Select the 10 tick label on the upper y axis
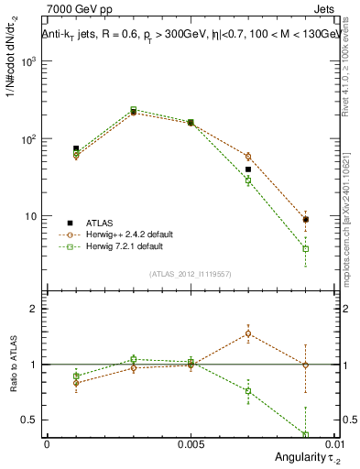(x=30, y=217)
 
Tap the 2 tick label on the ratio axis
(x=34, y=309)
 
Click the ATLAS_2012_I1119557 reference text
(x=190, y=274)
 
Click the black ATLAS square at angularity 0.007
(x=248, y=169)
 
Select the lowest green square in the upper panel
(x=306, y=248)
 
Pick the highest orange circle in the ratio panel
(x=248, y=333)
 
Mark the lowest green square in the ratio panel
(x=306, y=434)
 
